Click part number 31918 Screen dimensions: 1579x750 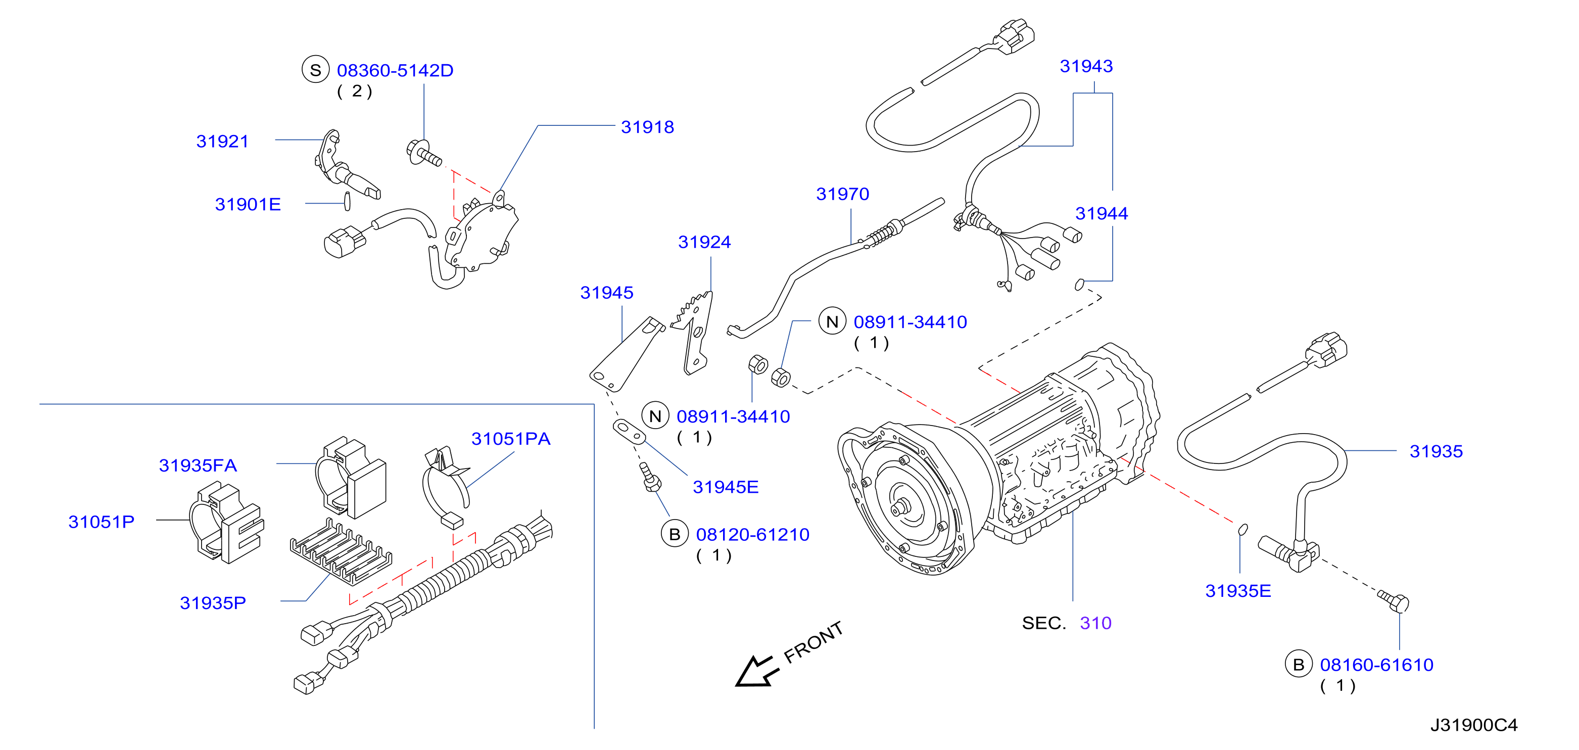click(647, 127)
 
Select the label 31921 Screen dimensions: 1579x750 click(222, 141)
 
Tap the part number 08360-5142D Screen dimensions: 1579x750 click(395, 71)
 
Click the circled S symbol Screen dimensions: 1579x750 click(316, 70)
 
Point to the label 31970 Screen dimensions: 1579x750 click(843, 194)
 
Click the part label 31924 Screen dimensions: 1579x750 click(704, 242)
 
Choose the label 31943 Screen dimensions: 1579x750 click(1086, 66)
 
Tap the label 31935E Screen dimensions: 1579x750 click(1238, 591)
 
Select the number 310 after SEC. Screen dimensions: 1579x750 click(1095, 623)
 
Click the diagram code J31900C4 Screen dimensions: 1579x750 click(1474, 725)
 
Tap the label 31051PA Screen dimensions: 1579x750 click(511, 439)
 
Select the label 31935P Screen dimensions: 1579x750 click(213, 603)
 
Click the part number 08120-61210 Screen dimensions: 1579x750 click(753, 535)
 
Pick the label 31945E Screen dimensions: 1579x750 click(726, 487)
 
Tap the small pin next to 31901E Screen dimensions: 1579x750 click(348, 201)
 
